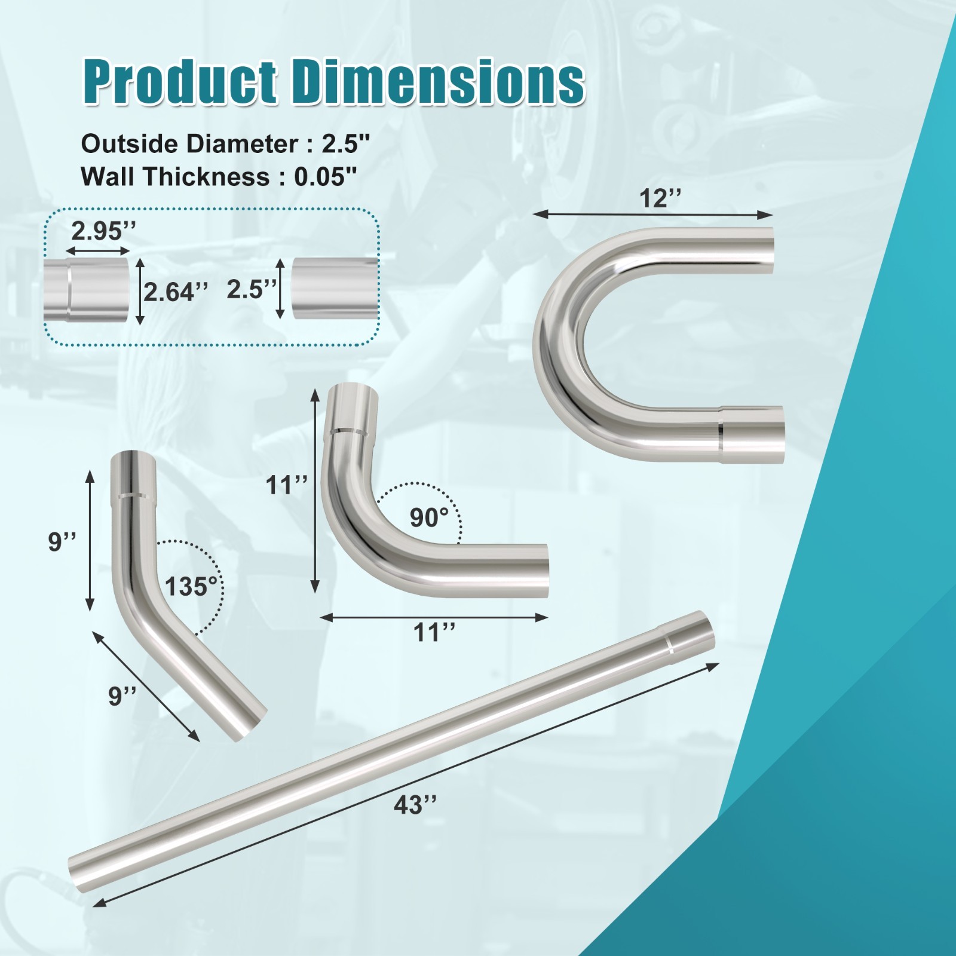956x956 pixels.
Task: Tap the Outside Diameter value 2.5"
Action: [346, 145]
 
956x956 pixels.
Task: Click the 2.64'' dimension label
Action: [176, 292]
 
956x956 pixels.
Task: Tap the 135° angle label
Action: [191, 587]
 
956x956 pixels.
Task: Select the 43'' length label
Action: [415, 805]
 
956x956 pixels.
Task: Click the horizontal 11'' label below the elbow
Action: [435, 632]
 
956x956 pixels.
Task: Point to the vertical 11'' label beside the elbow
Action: [287, 485]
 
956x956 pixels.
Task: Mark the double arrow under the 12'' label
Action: [653, 215]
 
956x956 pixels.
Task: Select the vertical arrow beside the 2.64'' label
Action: [140, 292]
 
